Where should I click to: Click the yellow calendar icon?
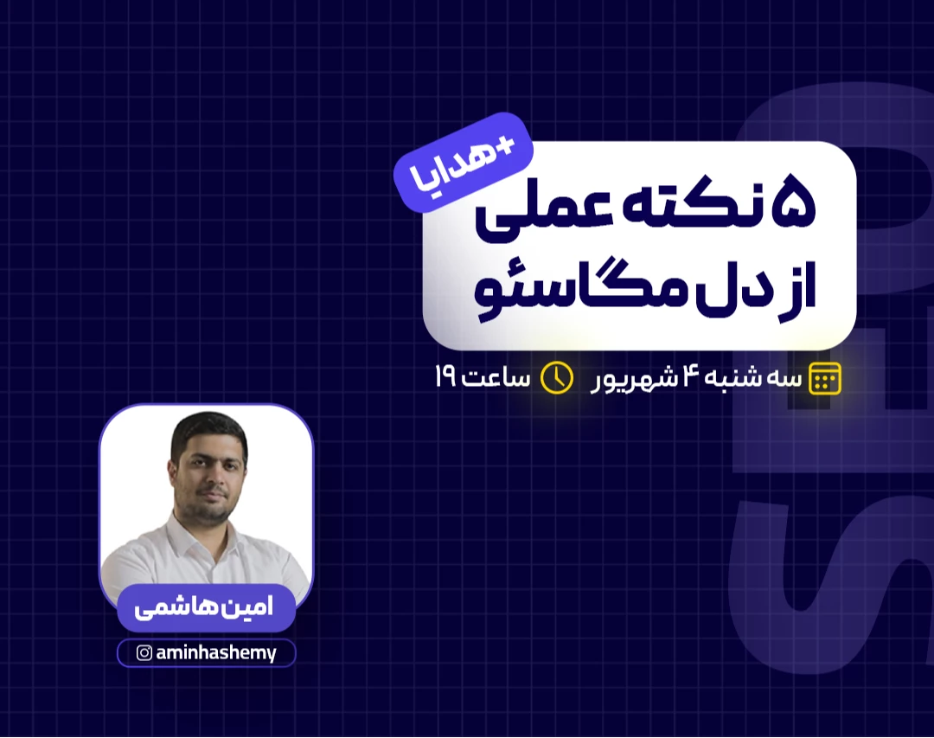click(824, 379)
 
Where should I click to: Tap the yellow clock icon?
click(557, 378)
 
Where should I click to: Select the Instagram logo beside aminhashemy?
click(144, 653)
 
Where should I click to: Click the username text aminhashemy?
click(216, 653)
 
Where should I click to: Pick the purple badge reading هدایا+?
click(463, 164)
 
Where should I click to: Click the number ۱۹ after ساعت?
click(446, 379)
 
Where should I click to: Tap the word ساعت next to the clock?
click(497, 379)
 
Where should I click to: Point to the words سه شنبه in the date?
click(752, 379)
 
